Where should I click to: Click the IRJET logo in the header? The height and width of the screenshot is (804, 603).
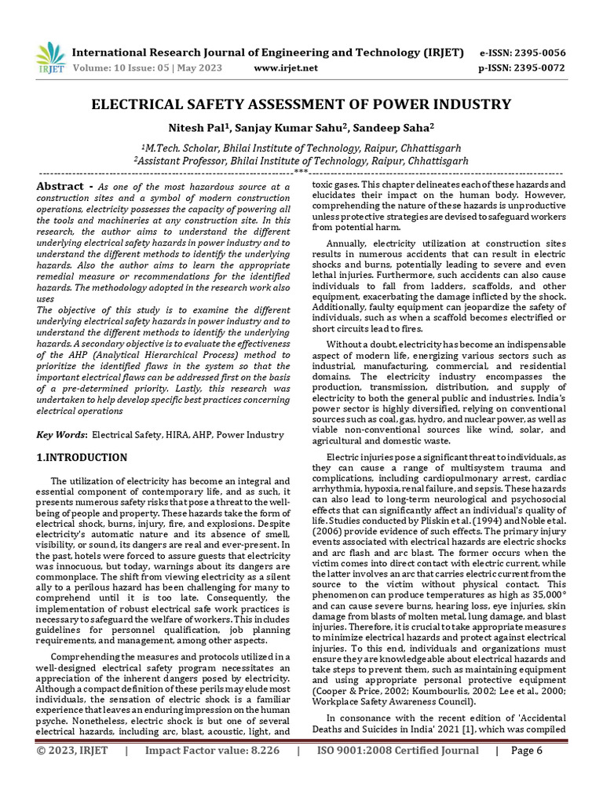pos(50,58)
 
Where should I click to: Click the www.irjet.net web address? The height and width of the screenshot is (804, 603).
pos(287,68)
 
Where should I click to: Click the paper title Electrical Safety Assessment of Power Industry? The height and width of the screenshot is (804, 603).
pos(301,104)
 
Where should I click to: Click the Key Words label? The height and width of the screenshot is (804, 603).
pos(63,434)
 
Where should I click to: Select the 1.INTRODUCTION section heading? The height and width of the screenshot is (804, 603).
pos(82,457)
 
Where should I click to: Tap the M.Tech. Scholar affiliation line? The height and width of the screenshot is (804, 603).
pos(301,147)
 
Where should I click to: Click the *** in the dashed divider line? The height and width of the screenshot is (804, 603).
pos(300,170)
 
